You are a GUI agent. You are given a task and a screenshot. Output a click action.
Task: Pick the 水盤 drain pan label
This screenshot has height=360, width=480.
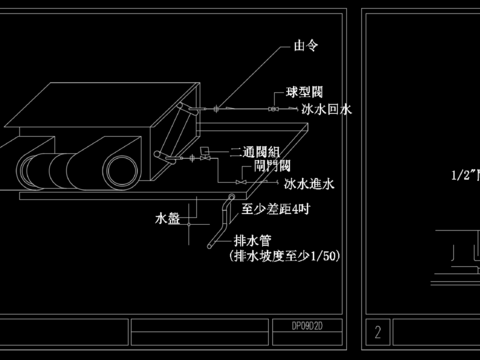coord(167,217)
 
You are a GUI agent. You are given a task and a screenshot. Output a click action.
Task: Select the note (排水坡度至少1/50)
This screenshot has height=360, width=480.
coord(284,257)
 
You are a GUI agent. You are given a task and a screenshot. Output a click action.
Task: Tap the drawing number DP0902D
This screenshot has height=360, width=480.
coord(309,326)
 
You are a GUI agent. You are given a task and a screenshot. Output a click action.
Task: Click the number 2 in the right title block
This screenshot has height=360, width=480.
coord(378,331)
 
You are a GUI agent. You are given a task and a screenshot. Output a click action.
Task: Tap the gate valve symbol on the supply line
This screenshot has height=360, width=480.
coord(241,182)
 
